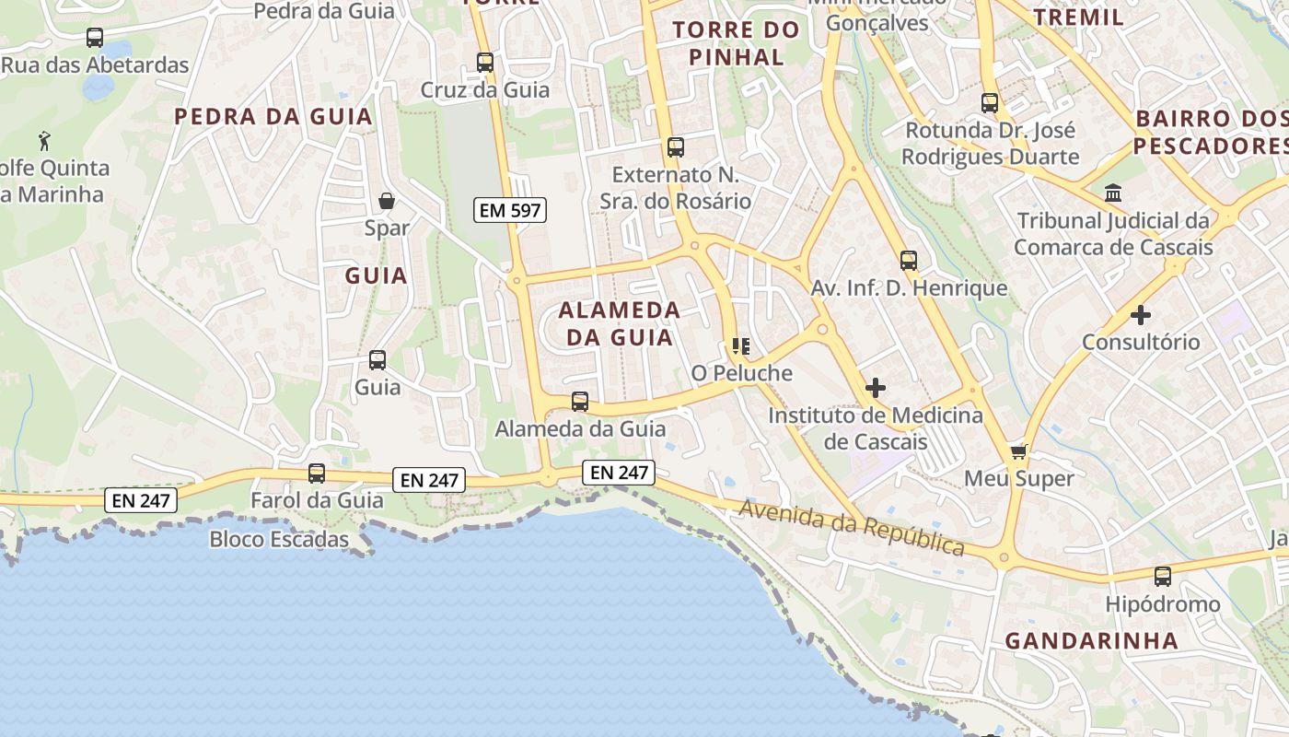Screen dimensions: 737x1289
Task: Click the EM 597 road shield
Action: [510, 210]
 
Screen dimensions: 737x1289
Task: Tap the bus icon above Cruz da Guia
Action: [485, 63]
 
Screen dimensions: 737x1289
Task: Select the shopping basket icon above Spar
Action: [387, 201]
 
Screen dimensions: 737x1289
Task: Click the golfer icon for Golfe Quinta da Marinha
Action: [44, 141]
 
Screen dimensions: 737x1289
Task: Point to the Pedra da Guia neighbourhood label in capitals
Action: [273, 117]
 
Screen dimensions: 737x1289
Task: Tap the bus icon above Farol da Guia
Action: [317, 474]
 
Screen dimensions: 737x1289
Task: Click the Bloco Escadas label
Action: [279, 539]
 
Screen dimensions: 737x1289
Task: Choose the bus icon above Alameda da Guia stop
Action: [580, 402]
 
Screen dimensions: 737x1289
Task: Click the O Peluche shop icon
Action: [741, 346]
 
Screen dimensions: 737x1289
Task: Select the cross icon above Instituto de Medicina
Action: [875, 388]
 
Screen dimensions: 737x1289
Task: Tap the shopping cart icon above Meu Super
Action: [1018, 451]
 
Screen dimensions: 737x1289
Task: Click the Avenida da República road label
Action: [852, 528]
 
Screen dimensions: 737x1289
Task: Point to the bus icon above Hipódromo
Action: [1163, 577]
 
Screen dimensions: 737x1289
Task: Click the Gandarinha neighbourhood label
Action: [1091, 640]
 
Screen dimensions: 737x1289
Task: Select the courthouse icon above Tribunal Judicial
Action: [1113, 193]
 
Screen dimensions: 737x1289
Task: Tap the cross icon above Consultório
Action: [1141, 315]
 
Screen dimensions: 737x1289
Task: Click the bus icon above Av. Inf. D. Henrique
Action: [909, 261]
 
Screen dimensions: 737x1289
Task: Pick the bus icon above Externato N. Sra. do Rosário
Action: [676, 147]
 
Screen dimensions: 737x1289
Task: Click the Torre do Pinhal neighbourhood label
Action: [736, 43]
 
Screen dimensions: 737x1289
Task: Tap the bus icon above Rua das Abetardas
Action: [95, 38]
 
